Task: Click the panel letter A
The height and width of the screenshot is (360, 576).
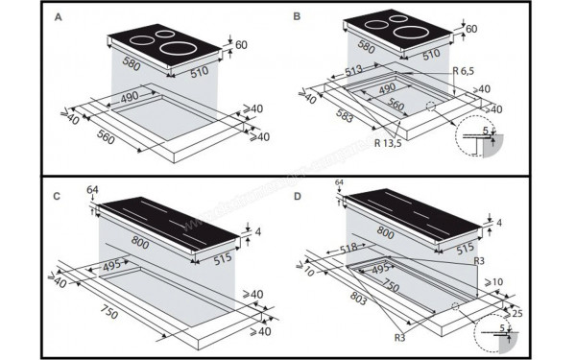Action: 60,18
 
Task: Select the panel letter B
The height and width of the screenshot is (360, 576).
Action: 298,18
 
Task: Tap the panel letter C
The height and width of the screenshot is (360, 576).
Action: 58,196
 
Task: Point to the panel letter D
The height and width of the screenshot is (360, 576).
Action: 298,196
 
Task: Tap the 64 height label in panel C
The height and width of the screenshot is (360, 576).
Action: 91,189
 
